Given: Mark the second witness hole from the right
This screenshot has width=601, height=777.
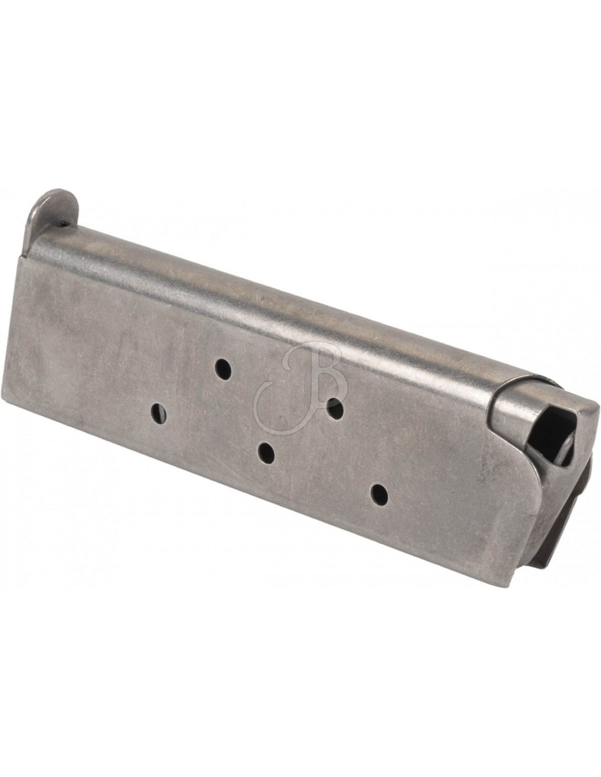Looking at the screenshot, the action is coord(335,408).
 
